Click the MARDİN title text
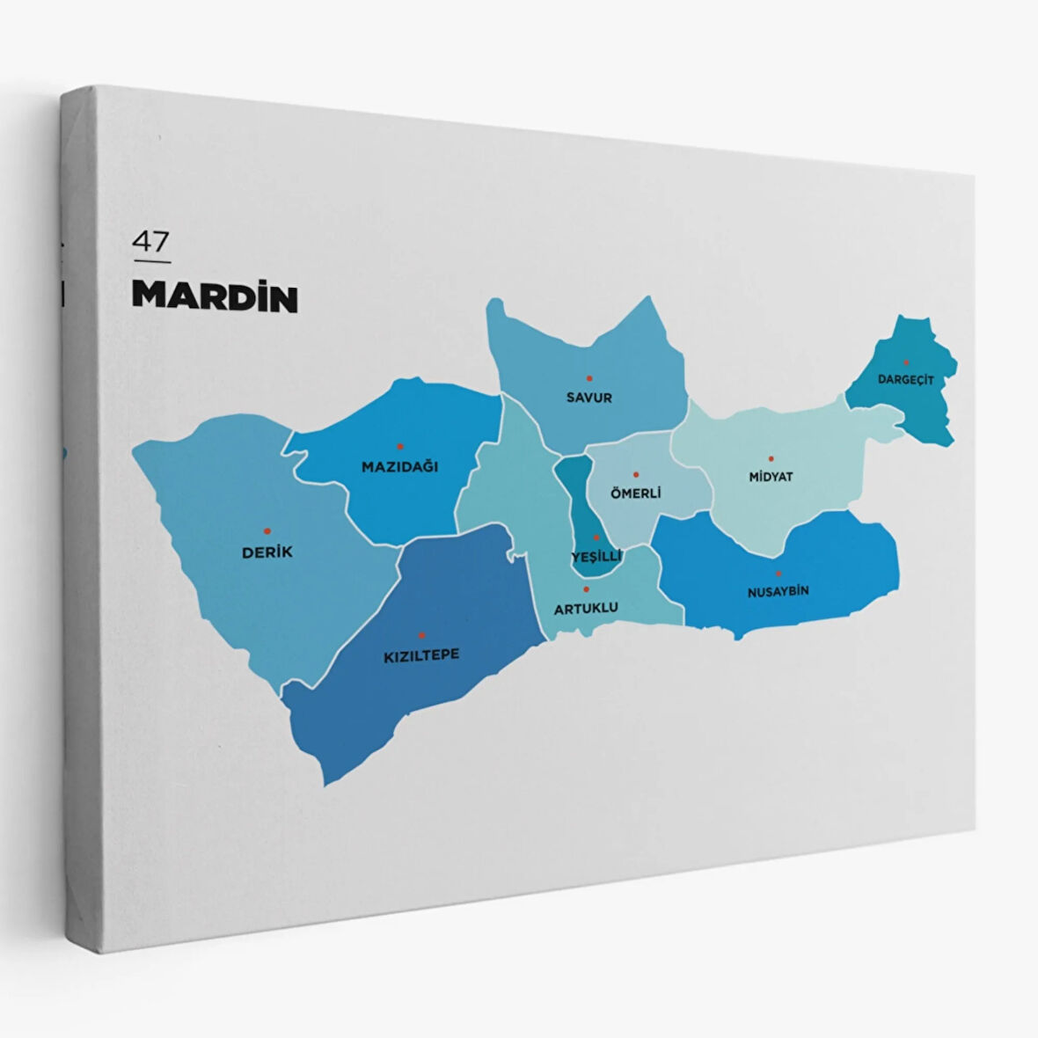point(215,297)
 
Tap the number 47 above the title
point(150,241)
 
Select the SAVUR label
point(589,398)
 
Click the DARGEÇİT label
point(905,380)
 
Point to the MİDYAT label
point(771,477)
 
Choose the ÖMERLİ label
point(635,493)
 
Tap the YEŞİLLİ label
point(596,557)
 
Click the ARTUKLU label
point(586,608)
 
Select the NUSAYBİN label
point(778,592)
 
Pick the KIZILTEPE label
point(421,655)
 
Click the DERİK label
point(267,552)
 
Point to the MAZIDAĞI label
point(399,467)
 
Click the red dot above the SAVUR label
point(589,378)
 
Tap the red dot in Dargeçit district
point(906,362)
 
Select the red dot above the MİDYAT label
point(771,458)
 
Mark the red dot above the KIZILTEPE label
point(421,635)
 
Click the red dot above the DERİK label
point(267,531)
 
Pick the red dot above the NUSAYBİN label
point(778,574)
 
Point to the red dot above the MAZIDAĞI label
point(399,446)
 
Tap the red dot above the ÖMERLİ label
point(636,474)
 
